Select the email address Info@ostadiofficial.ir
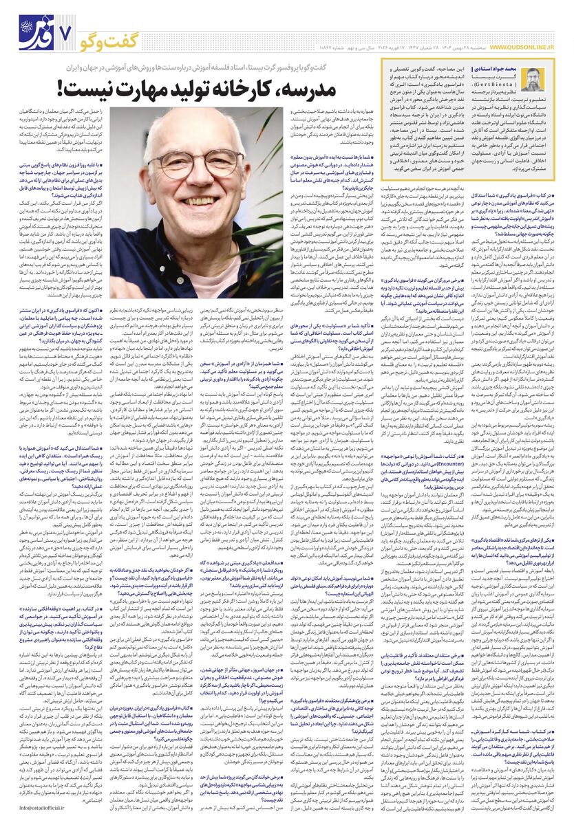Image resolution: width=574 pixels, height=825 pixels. click(x=45, y=809)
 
